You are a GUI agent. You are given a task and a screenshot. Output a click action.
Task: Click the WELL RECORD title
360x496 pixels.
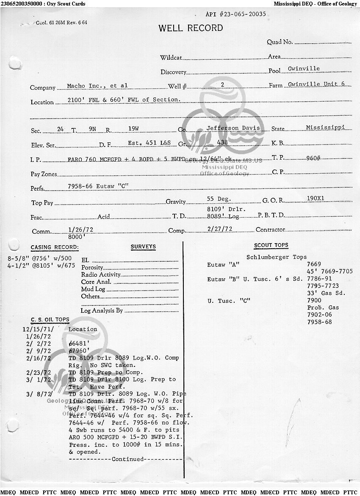pos(191,28)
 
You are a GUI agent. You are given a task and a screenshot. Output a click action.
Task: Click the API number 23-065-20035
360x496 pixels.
pos(235,14)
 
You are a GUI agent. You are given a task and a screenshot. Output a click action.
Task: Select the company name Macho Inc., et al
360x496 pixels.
pos(97,86)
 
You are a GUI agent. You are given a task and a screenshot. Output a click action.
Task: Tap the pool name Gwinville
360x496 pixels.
pos(304,69)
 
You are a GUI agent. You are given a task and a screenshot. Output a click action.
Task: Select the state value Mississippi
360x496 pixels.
pos(325,127)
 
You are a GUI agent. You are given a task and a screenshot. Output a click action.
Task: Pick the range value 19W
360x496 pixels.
pos(133,128)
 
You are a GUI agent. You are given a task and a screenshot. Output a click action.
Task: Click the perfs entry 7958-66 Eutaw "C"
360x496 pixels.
pos(97,186)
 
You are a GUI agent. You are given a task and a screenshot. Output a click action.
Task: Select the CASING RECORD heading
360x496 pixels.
pos(55,248)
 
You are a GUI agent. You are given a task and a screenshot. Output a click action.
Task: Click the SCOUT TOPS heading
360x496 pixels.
pos(271,245)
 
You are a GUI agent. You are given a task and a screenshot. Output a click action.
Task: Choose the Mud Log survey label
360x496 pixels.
pos(93,289)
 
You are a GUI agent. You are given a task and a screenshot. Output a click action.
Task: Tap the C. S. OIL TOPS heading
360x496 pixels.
pos(50,320)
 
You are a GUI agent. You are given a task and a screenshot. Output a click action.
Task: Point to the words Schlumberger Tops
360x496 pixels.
pos(276,257)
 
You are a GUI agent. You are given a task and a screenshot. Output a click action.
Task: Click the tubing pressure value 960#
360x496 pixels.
pos(313,158)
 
